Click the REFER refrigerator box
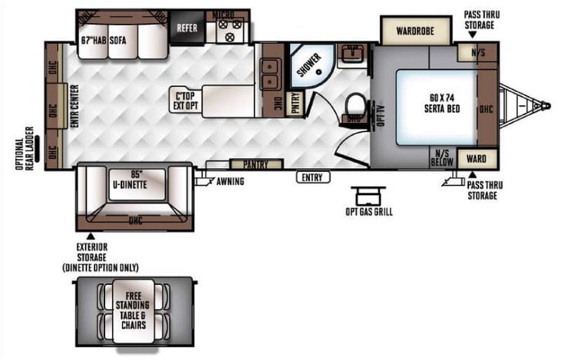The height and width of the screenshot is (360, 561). coord(187,28)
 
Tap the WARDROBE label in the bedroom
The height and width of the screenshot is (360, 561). coord(415,31)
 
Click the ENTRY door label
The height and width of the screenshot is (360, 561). coord(313,177)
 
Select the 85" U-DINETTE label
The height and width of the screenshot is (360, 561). coord(129,179)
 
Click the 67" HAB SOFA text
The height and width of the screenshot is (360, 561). coord(105,40)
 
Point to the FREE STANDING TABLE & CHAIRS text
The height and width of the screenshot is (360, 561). coord(134,309)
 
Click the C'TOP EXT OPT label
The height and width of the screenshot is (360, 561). coord(186,102)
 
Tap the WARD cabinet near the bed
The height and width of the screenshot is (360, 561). coord(477,160)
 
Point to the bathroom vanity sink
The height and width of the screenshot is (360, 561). coord(354,53)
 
